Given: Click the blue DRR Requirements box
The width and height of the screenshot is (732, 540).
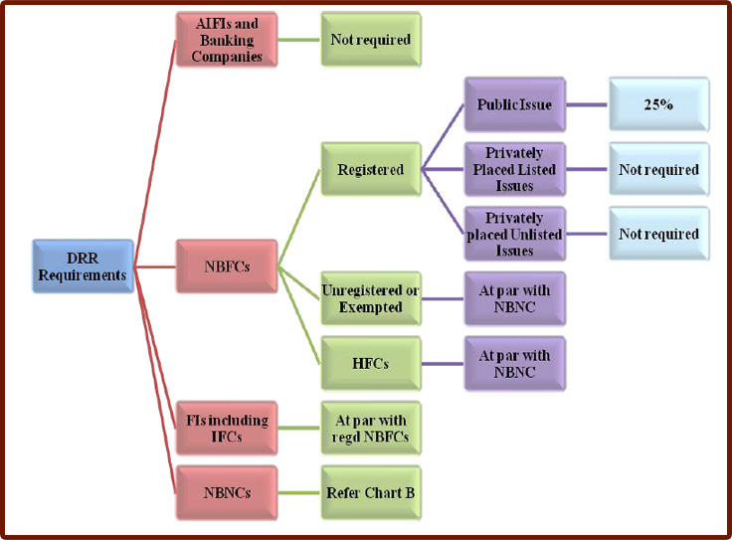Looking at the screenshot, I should (82, 267).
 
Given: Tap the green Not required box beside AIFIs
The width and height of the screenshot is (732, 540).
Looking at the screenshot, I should (370, 41).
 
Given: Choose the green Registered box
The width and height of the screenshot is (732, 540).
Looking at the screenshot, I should (370, 170).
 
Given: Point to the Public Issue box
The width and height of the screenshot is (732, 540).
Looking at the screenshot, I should (514, 104).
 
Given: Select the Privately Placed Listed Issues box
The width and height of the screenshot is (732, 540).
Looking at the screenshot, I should (514, 170).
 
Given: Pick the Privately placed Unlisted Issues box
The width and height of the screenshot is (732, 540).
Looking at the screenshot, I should (514, 235).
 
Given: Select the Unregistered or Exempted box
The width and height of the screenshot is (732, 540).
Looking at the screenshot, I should (370, 299).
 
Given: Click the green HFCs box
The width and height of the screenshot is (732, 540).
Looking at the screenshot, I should (370, 364).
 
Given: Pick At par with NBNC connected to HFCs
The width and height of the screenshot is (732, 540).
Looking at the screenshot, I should (514, 364).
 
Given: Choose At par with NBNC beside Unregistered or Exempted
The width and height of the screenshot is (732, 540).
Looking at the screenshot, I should (514, 299).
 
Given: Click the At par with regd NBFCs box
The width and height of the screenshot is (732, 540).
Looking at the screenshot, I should (370, 429).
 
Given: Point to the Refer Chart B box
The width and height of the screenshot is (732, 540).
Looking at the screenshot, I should (370, 492).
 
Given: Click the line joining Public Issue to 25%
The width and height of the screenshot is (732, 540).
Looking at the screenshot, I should (587, 104).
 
